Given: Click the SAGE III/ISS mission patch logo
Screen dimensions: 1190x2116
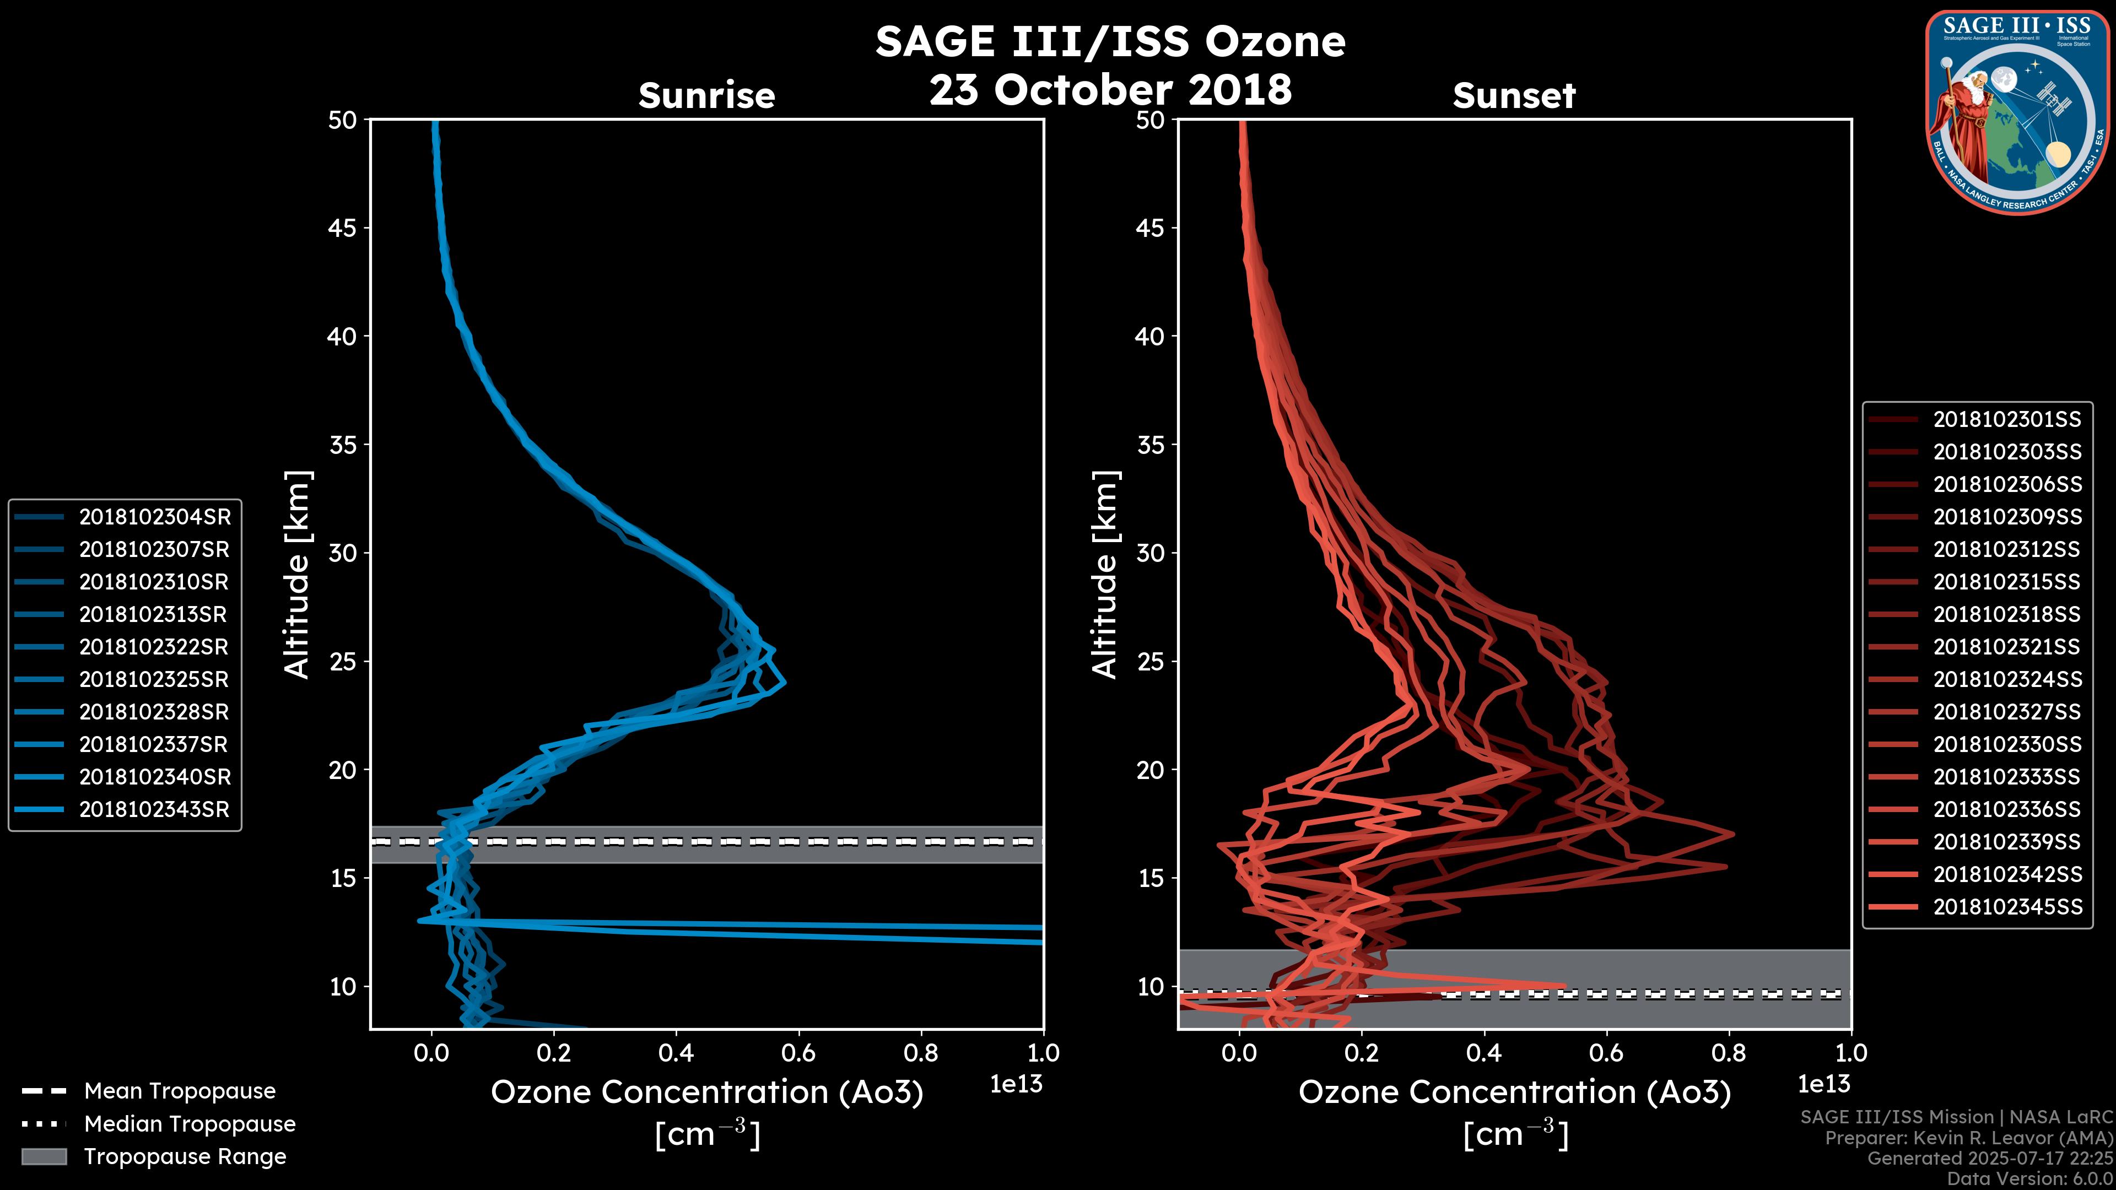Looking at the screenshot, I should click(x=2017, y=112).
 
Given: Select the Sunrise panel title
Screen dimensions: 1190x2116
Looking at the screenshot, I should click(x=706, y=96).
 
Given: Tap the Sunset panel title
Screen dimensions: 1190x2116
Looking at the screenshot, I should click(x=1514, y=96).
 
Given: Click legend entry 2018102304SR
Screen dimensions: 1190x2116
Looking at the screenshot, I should click(x=154, y=517).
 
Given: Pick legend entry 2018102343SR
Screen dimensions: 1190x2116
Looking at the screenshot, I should click(x=154, y=809).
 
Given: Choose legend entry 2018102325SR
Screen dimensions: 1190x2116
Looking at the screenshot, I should click(x=154, y=679).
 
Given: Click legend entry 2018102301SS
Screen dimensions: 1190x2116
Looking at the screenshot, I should click(x=2007, y=420).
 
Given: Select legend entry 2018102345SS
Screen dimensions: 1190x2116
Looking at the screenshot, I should click(x=2007, y=907).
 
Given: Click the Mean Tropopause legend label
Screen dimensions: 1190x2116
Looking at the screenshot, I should click(x=180, y=1091).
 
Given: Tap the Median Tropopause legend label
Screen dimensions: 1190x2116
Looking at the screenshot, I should click(x=190, y=1123).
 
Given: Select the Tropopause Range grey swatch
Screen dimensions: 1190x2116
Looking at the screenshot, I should click(x=44, y=1156).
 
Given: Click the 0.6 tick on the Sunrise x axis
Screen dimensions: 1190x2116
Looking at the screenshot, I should click(x=798, y=1053).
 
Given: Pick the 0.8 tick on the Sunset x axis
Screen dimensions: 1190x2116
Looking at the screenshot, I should click(x=1728, y=1053).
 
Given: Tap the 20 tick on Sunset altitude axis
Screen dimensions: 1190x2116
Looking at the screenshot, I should click(x=1151, y=770).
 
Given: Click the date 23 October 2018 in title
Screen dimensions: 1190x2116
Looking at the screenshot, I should click(x=1110, y=89).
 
